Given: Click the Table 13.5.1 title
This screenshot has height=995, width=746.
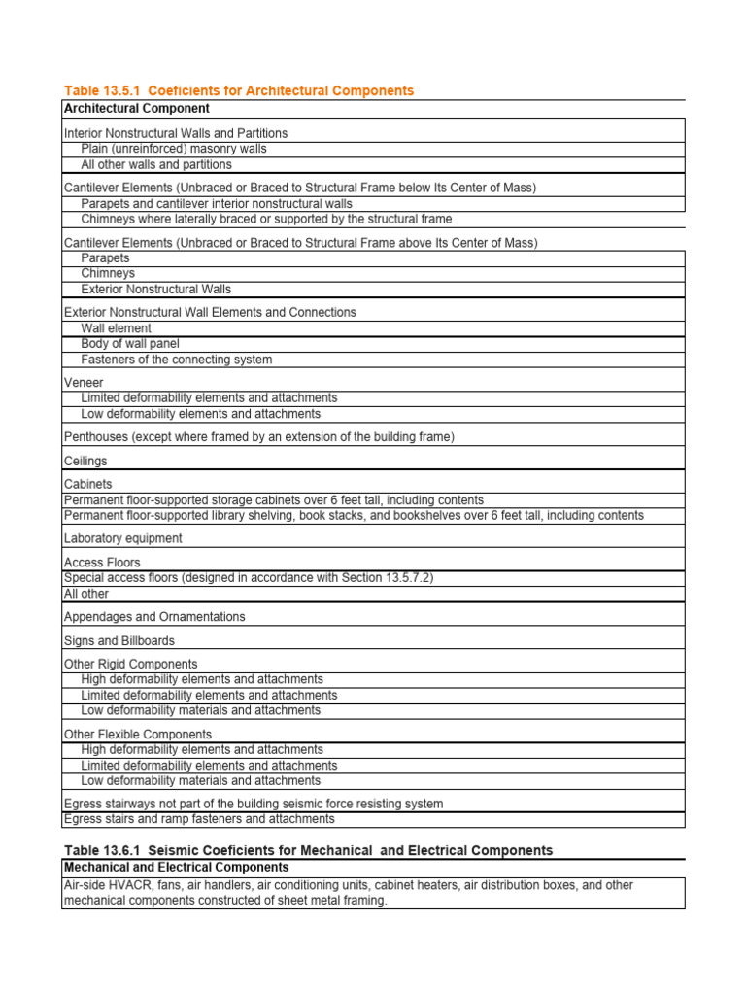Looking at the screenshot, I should [239, 90].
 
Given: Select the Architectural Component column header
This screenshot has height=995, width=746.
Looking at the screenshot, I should [136, 108].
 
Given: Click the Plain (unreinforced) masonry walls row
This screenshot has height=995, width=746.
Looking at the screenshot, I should [174, 149].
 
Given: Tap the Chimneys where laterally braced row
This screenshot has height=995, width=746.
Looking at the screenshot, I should [266, 219].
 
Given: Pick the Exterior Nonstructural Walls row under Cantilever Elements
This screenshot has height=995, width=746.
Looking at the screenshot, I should [156, 289].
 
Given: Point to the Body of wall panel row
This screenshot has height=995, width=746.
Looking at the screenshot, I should [130, 343].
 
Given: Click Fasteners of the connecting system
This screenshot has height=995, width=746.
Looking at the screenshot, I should [177, 359].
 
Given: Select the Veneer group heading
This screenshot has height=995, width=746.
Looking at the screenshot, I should [84, 383].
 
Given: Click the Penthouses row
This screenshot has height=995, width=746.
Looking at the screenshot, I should [258, 437].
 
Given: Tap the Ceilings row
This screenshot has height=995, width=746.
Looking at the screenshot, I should [85, 461].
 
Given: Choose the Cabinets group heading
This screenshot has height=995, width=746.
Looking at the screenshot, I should [87, 484].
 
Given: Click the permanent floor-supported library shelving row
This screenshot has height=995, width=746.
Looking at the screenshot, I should [354, 515].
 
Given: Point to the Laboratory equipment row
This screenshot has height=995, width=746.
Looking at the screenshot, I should [122, 538].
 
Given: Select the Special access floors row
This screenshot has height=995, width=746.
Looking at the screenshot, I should [249, 577].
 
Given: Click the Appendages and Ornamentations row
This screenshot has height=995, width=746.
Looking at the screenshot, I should [154, 616].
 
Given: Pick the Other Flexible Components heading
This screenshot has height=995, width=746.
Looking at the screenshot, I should [137, 734].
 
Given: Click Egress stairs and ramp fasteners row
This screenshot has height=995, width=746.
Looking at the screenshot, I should [199, 819].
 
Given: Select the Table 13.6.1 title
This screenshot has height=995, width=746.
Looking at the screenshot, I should [308, 850].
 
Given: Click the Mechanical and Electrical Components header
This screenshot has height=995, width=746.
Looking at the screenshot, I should [176, 867].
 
